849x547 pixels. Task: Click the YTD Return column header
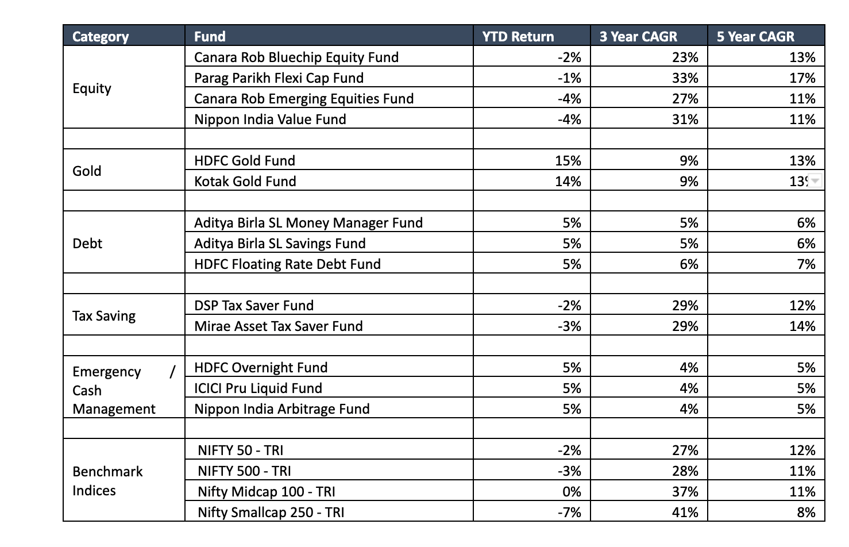point(518,36)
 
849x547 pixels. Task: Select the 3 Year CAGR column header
point(638,36)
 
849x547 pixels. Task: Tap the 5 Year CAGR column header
point(755,36)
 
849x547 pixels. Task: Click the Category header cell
point(101,36)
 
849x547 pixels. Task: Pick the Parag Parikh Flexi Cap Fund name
point(279,78)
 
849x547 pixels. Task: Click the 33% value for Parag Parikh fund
point(685,78)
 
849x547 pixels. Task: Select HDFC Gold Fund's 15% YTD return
point(568,160)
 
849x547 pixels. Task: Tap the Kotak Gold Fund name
point(245,181)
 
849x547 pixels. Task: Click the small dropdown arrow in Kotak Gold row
point(815,180)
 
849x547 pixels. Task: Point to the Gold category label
point(87,171)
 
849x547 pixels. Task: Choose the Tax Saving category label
point(104,315)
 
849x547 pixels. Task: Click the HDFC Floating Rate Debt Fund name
point(287,264)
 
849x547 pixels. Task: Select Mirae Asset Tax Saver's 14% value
point(802,326)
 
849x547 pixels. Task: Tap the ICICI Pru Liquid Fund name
point(258,388)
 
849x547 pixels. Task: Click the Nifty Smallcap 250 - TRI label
point(271,512)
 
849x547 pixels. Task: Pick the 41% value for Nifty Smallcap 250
point(685,512)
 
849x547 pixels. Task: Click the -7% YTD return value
point(569,512)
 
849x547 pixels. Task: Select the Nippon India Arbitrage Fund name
point(281,409)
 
